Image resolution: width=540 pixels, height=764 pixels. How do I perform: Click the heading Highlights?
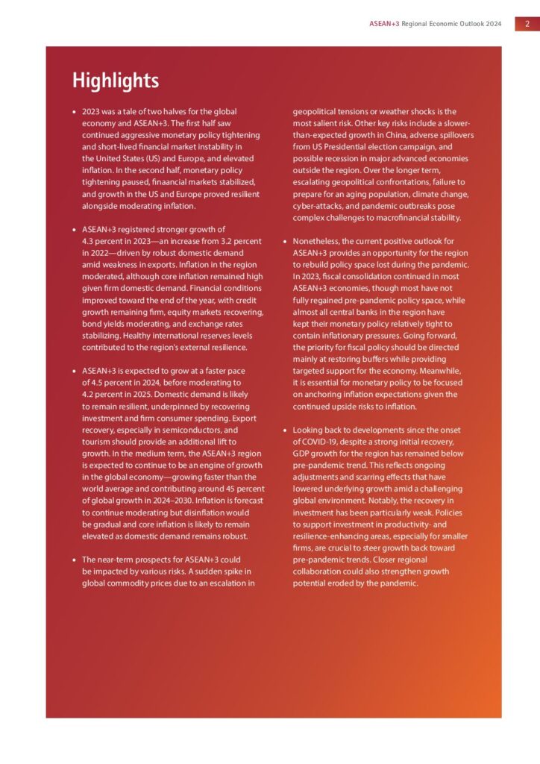coord(115,81)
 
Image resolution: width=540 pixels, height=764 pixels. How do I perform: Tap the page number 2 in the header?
coord(527,24)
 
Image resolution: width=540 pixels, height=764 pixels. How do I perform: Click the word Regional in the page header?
coord(418,24)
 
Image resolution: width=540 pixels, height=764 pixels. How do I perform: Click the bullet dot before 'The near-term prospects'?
coord(73,560)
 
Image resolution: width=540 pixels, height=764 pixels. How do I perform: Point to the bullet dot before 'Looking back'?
coord(284,430)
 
